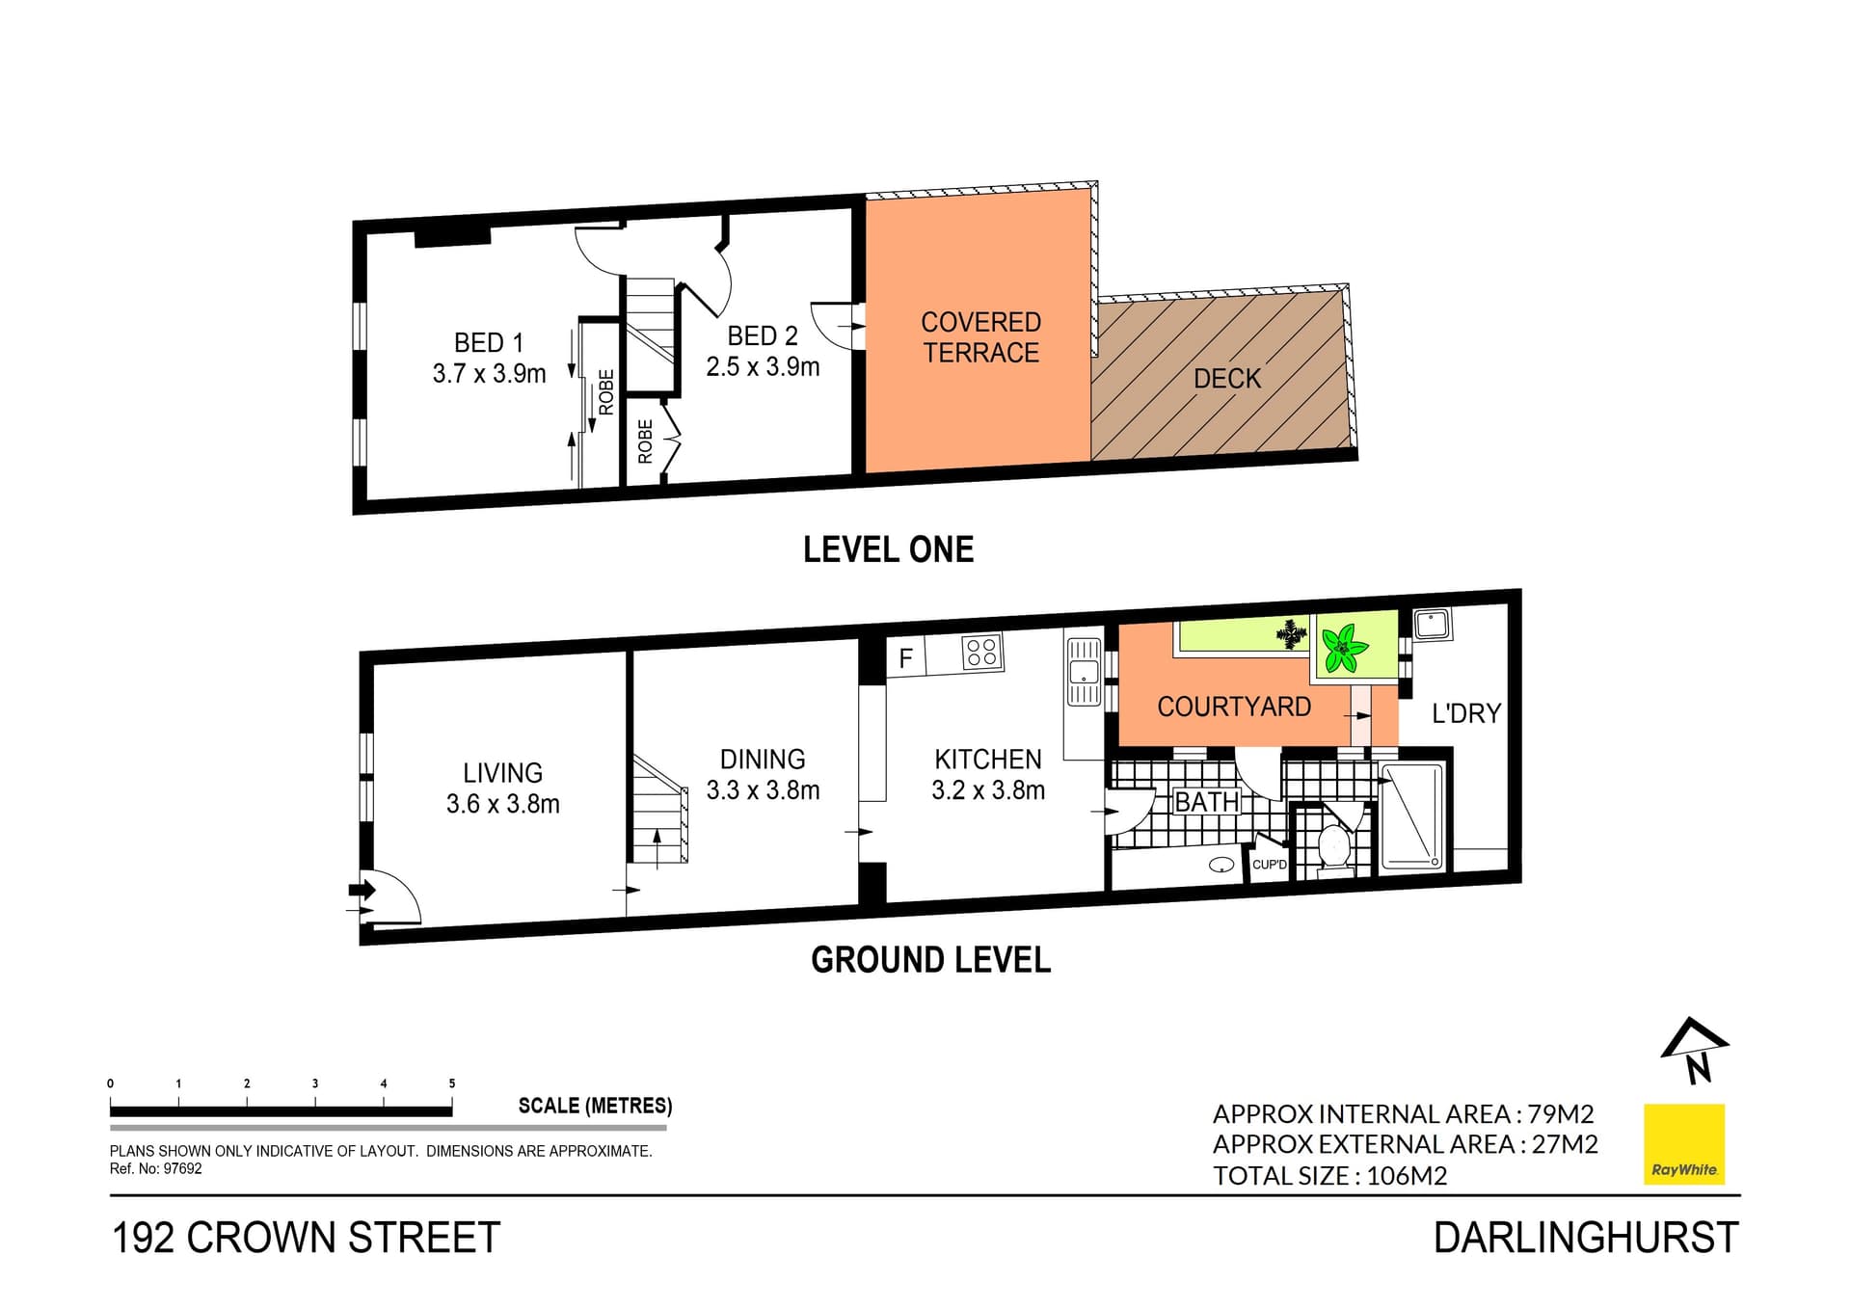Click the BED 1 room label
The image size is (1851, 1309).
tap(489, 343)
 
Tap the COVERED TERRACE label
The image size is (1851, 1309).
tap(980, 337)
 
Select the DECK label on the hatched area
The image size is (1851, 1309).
tap(1226, 379)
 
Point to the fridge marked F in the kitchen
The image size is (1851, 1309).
tap(905, 658)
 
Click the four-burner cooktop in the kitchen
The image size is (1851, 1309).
tap(981, 653)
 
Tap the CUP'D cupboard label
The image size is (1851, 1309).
tap(1269, 865)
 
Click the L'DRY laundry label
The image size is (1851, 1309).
tap(1465, 713)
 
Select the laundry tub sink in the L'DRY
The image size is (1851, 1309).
tap(1432, 625)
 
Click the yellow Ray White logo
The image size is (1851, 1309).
tap(1683, 1144)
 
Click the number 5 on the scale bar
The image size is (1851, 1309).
tap(452, 1083)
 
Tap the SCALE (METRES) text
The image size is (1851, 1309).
tap(595, 1106)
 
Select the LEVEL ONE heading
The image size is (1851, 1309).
tap(888, 549)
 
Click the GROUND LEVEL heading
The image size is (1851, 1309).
tap(930, 960)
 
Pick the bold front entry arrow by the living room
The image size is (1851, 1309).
tap(362, 889)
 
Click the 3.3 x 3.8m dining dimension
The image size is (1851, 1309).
tap(763, 790)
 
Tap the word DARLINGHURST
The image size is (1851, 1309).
tap(1585, 1238)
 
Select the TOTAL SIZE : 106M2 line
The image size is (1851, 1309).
tap(1329, 1175)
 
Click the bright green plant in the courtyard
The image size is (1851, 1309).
tap(1342, 648)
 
